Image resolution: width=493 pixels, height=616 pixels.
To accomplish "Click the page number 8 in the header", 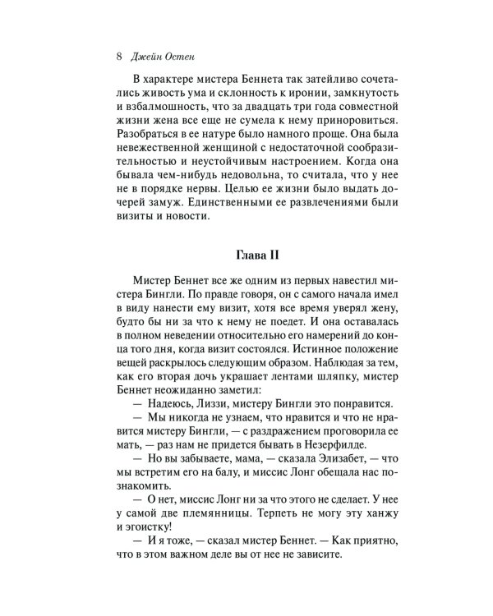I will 120,57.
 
